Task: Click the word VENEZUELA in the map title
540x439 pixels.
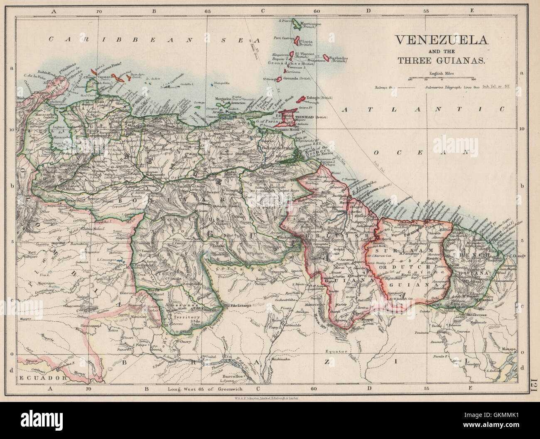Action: (x=441, y=40)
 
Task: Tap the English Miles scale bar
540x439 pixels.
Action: (x=441, y=78)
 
